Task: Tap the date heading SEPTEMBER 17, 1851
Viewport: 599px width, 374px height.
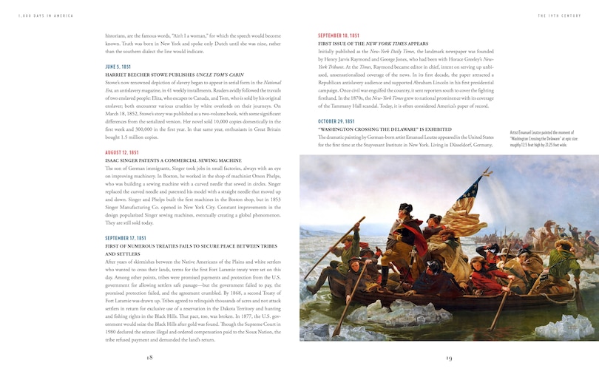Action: [126, 238]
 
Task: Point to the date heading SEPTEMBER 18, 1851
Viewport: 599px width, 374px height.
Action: [339, 35]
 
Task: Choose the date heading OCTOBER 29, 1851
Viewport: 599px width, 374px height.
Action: [336, 121]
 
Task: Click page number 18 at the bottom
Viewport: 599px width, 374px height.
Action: [149, 357]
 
